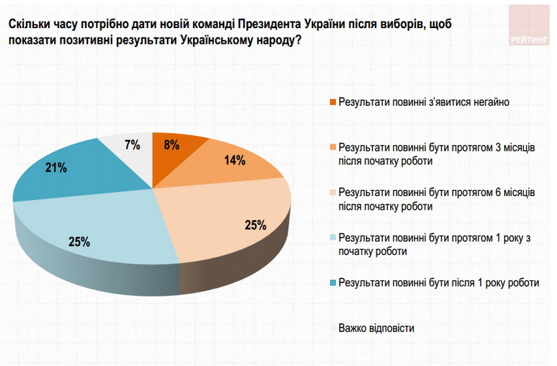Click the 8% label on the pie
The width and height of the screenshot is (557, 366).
click(x=172, y=145)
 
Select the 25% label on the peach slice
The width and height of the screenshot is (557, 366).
click(x=255, y=225)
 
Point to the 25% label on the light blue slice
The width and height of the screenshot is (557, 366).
click(x=79, y=242)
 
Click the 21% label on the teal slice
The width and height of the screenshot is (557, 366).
click(x=56, y=168)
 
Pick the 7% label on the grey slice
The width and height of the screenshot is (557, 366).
click(x=132, y=145)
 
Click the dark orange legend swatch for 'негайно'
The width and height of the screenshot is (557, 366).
click(x=333, y=103)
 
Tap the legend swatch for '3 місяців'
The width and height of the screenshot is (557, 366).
click(x=333, y=148)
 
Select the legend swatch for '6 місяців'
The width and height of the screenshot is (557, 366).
click(x=333, y=193)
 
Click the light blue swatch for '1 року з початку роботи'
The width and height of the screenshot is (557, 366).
click(x=333, y=239)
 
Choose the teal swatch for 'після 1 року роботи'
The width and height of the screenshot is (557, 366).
click(x=333, y=283)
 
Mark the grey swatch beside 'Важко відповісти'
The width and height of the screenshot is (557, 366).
click(x=333, y=328)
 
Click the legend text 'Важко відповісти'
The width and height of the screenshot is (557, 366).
click(x=376, y=328)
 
